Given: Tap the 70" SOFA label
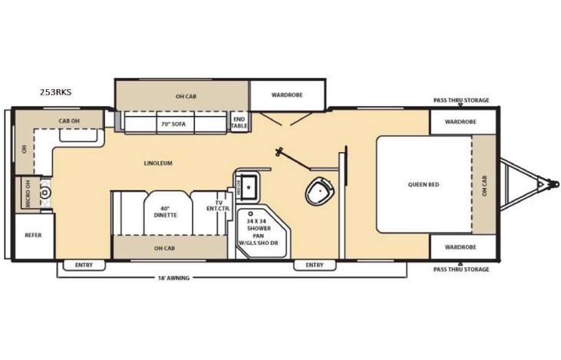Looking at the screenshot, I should (173, 123).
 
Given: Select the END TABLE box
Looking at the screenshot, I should (239, 122).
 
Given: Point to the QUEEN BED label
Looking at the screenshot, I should (424, 184).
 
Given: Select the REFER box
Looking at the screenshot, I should (33, 235).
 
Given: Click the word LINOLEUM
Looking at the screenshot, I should (157, 163).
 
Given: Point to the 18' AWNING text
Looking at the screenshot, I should (173, 277).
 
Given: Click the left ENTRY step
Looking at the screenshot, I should (84, 266).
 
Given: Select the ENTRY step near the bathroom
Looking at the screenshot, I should (314, 266).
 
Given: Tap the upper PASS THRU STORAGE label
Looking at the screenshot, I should (460, 101).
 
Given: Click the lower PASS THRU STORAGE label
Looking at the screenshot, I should (460, 269).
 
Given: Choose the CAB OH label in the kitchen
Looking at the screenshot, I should (70, 121).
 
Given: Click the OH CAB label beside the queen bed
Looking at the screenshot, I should (484, 185).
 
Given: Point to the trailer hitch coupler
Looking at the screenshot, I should (544, 184).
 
